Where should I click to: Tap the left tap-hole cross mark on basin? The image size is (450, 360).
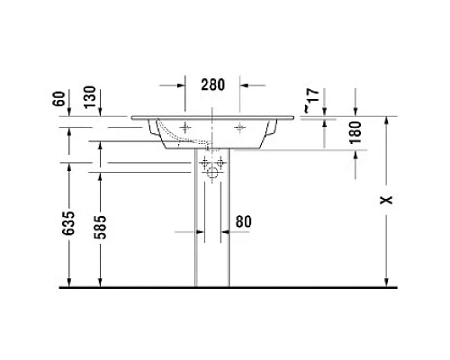click(x=186, y=129)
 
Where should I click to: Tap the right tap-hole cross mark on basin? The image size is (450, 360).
click(x=240, y=129)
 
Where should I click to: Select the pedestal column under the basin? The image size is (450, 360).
click(x=211, y=234)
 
